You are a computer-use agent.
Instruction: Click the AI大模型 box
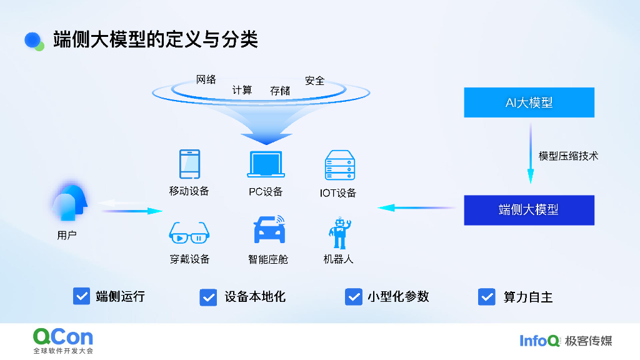click(x=529, y=102)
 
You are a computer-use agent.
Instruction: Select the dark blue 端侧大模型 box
click(x=529, y=210)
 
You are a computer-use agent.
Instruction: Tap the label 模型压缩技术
click(x=568, y=156)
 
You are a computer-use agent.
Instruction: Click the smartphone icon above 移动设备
click(x=189, y=164)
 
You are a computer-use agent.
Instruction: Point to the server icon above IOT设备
click(x=339, y=166)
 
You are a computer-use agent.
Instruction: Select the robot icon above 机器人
click(x=339, y=233)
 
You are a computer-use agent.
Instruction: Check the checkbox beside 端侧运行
click(x=81, y=296)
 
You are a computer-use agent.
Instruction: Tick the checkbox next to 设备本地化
click(x=208, y=297)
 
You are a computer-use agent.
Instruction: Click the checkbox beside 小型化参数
click(x=353, y=297)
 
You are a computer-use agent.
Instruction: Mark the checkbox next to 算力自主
click(x=486, y=297)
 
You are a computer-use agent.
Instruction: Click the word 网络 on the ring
click(x=206, y=79)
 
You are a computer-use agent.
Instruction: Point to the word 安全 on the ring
click(x=315, y=81)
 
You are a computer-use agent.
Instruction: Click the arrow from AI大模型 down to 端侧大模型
click(x=531, y=153)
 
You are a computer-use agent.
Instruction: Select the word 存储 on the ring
click(x=280, y=91)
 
